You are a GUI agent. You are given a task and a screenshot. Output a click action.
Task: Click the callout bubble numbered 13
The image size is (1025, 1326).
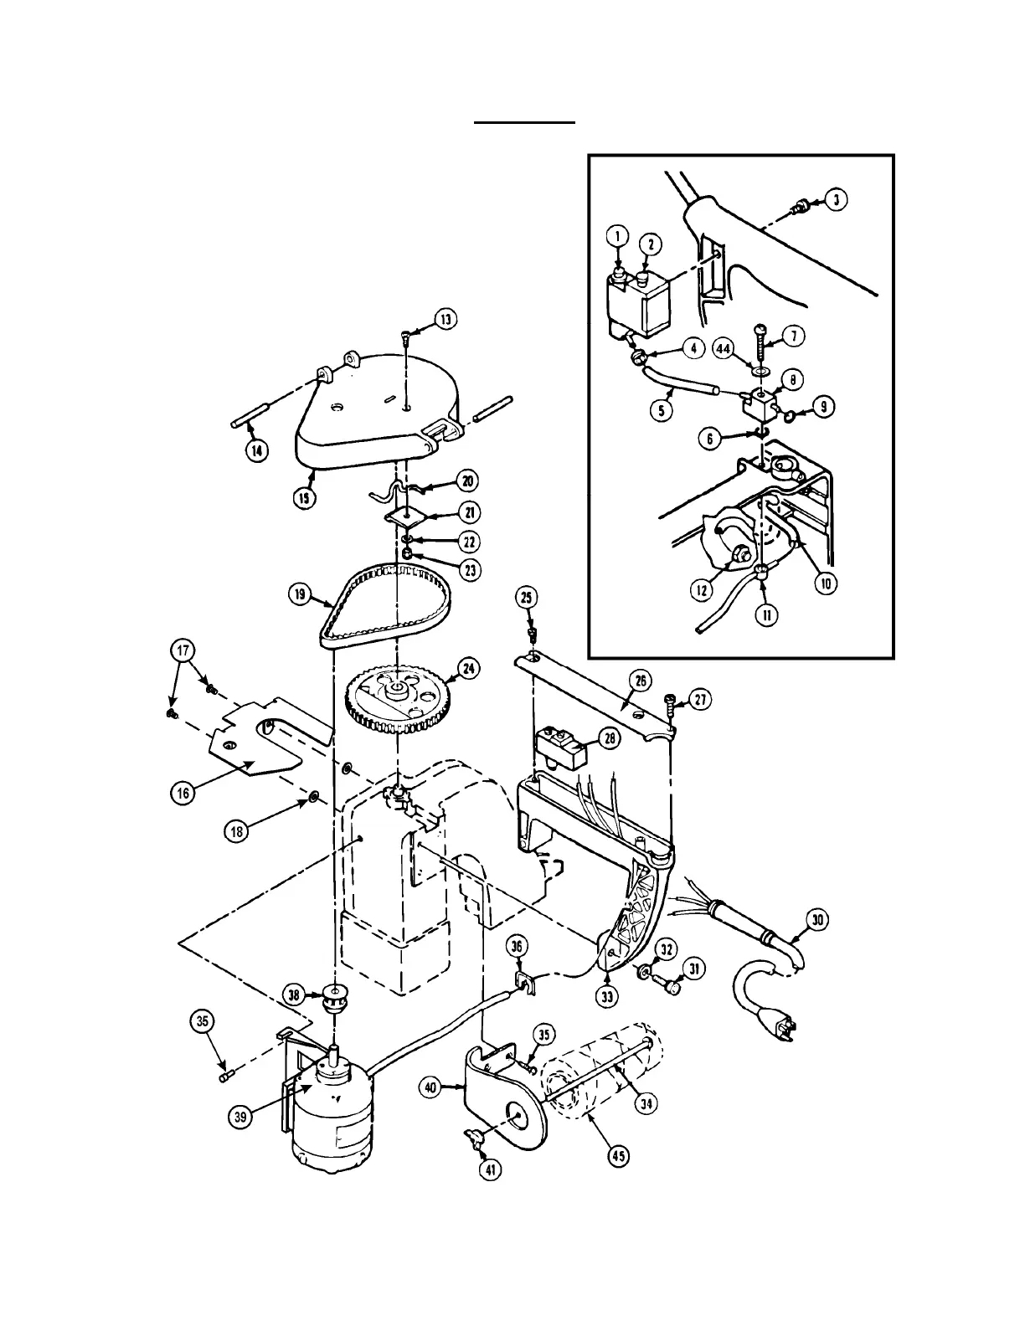[x=446, y=319]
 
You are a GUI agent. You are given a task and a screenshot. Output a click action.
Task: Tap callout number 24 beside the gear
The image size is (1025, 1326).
[x=469, y=667]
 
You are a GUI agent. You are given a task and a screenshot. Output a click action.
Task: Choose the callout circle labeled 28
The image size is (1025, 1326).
[x=609, y=737]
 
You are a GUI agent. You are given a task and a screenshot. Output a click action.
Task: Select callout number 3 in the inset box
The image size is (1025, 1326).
[x=837, y=199]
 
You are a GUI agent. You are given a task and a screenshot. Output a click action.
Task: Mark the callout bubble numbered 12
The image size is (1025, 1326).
[x=701, y=591]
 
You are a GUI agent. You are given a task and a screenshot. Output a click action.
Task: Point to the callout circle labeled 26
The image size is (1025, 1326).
[x=642, y=681]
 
